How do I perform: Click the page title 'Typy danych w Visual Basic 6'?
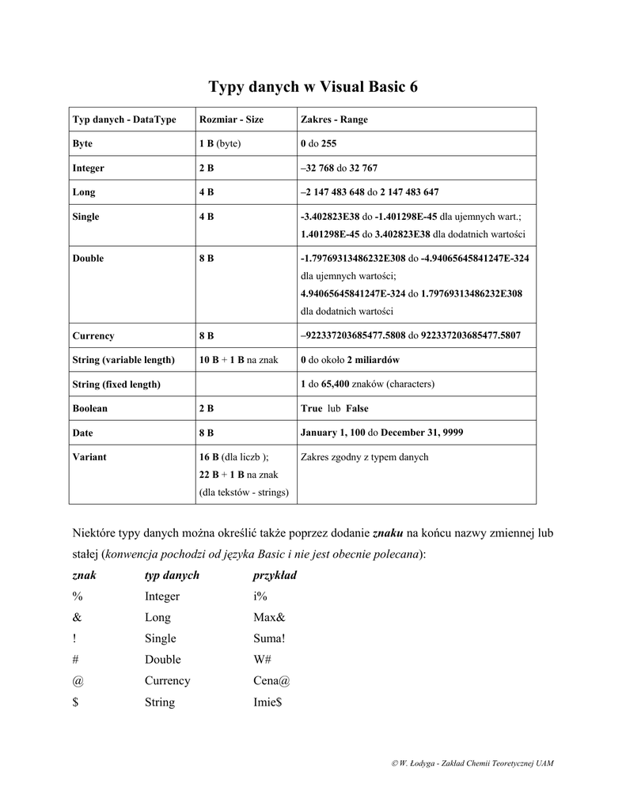tap(313, 86)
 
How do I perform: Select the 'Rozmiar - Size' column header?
tap(231, 119)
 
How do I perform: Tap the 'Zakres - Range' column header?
tap(334, 119)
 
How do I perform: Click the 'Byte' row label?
tap(82, 144)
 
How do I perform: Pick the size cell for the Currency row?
tap(207, 335)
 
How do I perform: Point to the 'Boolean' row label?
tap(89, 408)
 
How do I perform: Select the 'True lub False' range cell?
tap(334, 408)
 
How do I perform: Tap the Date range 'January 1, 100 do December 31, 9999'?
tap(381, 433)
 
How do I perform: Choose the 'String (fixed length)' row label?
tap(116, 384)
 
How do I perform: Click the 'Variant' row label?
tap(89, 456)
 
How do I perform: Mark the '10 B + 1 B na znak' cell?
tap(238, 360)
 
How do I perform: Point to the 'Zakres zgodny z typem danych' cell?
tap(364, 456)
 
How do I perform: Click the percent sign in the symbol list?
tap(78, 596)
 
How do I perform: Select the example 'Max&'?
tap(268, 617)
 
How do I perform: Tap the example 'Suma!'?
tap(269, 638)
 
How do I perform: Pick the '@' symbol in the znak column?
tap(78, 680)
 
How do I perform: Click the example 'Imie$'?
tap(267, 702)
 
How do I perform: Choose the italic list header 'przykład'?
tap(274, 575)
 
